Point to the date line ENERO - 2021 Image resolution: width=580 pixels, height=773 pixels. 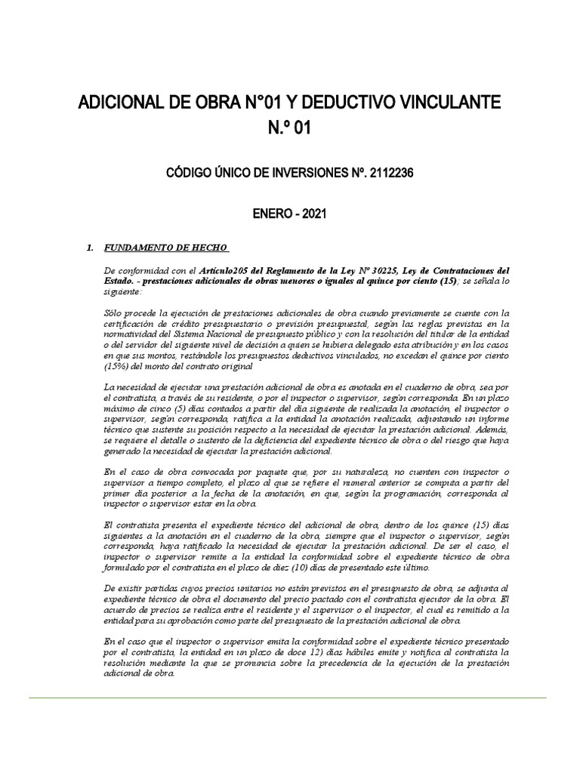[290, 214]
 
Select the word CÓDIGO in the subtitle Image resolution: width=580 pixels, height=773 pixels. [192, 173]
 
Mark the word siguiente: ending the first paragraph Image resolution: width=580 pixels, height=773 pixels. [121, 291]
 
